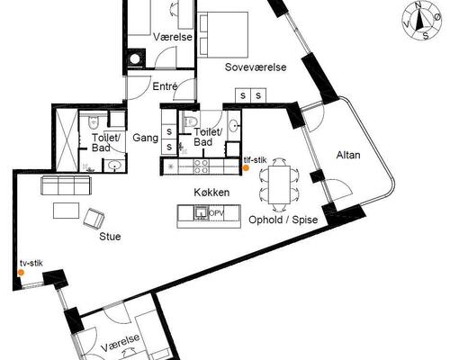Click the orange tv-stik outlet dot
pyautogui.click(x=21, y=273)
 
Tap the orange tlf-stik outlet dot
pyautogui.click(x=246, y=168)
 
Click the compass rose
pyautogui.click(x=421, y=21)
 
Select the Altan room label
pyautogui.click(x=348, y=155)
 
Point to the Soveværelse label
pyautogui.click(x=256, y=67)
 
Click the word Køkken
pyautogui.click(x=211, y=193)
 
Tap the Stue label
pyautogui.click(x=110, y=237)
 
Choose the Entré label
pyautogui.click(x=165, y=86)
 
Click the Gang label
pyautogui.click(x=146, y=138)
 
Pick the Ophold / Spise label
pyautogui.click(x=283, y=220)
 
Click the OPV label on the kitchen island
pyautogui.click(x=217, y=213)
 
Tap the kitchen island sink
pyautogui.click(x=201, y=212)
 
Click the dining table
pyautogui.click(x=279, y=184)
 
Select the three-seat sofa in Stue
pyautogui.click(x=66, y=185)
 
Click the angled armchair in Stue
pyautogui.click(x=94, y=218)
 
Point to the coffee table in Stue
pyautogui.click(x=67, y=211)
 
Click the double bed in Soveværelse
pyautogui.click(x=223, y=35)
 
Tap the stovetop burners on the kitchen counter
pyautogui.click(x=201, y=166)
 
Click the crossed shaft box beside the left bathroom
pyautogui.click(x=67, y=141)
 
